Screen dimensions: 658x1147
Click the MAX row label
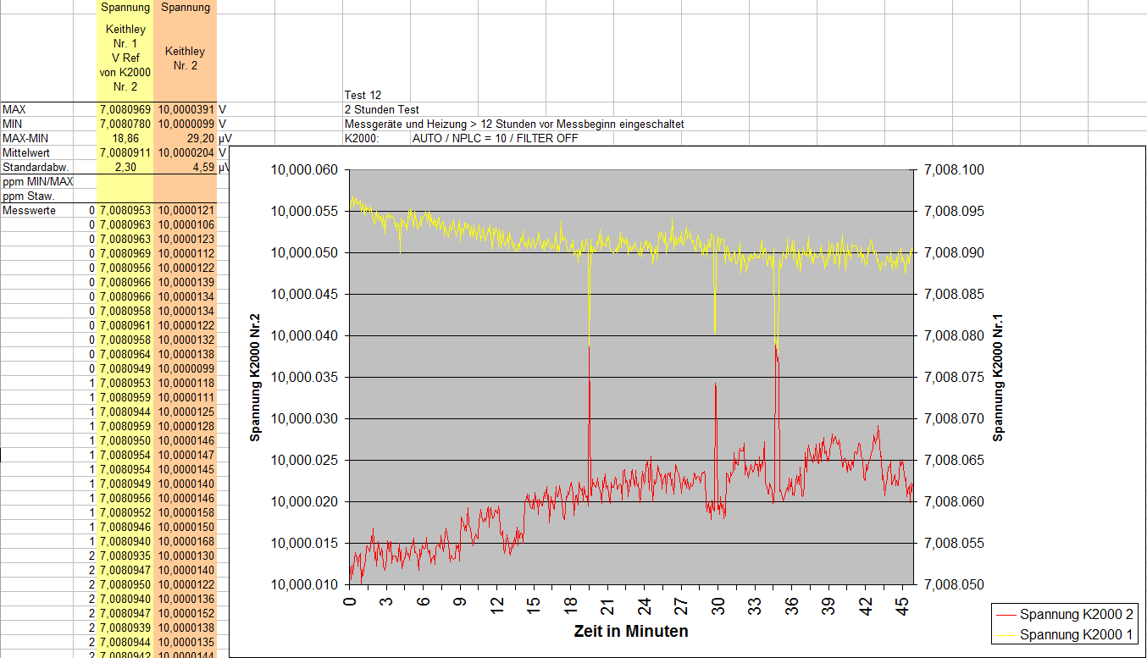pyautogui.click(x=14, y=109)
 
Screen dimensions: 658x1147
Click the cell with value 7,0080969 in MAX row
pyautogui.click(x=125, y=109)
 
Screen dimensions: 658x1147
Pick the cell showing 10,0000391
pyautogui.click(x=186, y=109)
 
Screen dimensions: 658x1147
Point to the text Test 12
pyautogui.click(x=363, y=95)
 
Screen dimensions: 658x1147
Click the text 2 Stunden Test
pyautogui.click(x=381, y=109)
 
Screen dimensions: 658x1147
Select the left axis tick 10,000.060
pyautogui.click(x=304, y=170)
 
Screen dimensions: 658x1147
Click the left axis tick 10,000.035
pyautogui.click(x=304, y=378)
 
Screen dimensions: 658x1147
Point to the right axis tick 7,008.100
pyautogui.click(x=955, y=170)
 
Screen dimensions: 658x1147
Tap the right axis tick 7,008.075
pyautogui.click(x=955, y=378)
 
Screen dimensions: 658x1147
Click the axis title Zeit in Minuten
pyautogui.click(x=630, y=631)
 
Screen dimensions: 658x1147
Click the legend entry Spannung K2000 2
pyautogui.click(x=1076, y=615)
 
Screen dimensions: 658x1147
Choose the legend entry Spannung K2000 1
pyautogui.click(x=1076, y=634)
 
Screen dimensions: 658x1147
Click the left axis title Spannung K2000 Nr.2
pyautogui.click(x=254, y=378)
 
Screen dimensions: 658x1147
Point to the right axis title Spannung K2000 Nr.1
pyautogui.click(x=999, y=378)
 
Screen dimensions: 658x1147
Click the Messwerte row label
pyautogui.click(x=30, y=210)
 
